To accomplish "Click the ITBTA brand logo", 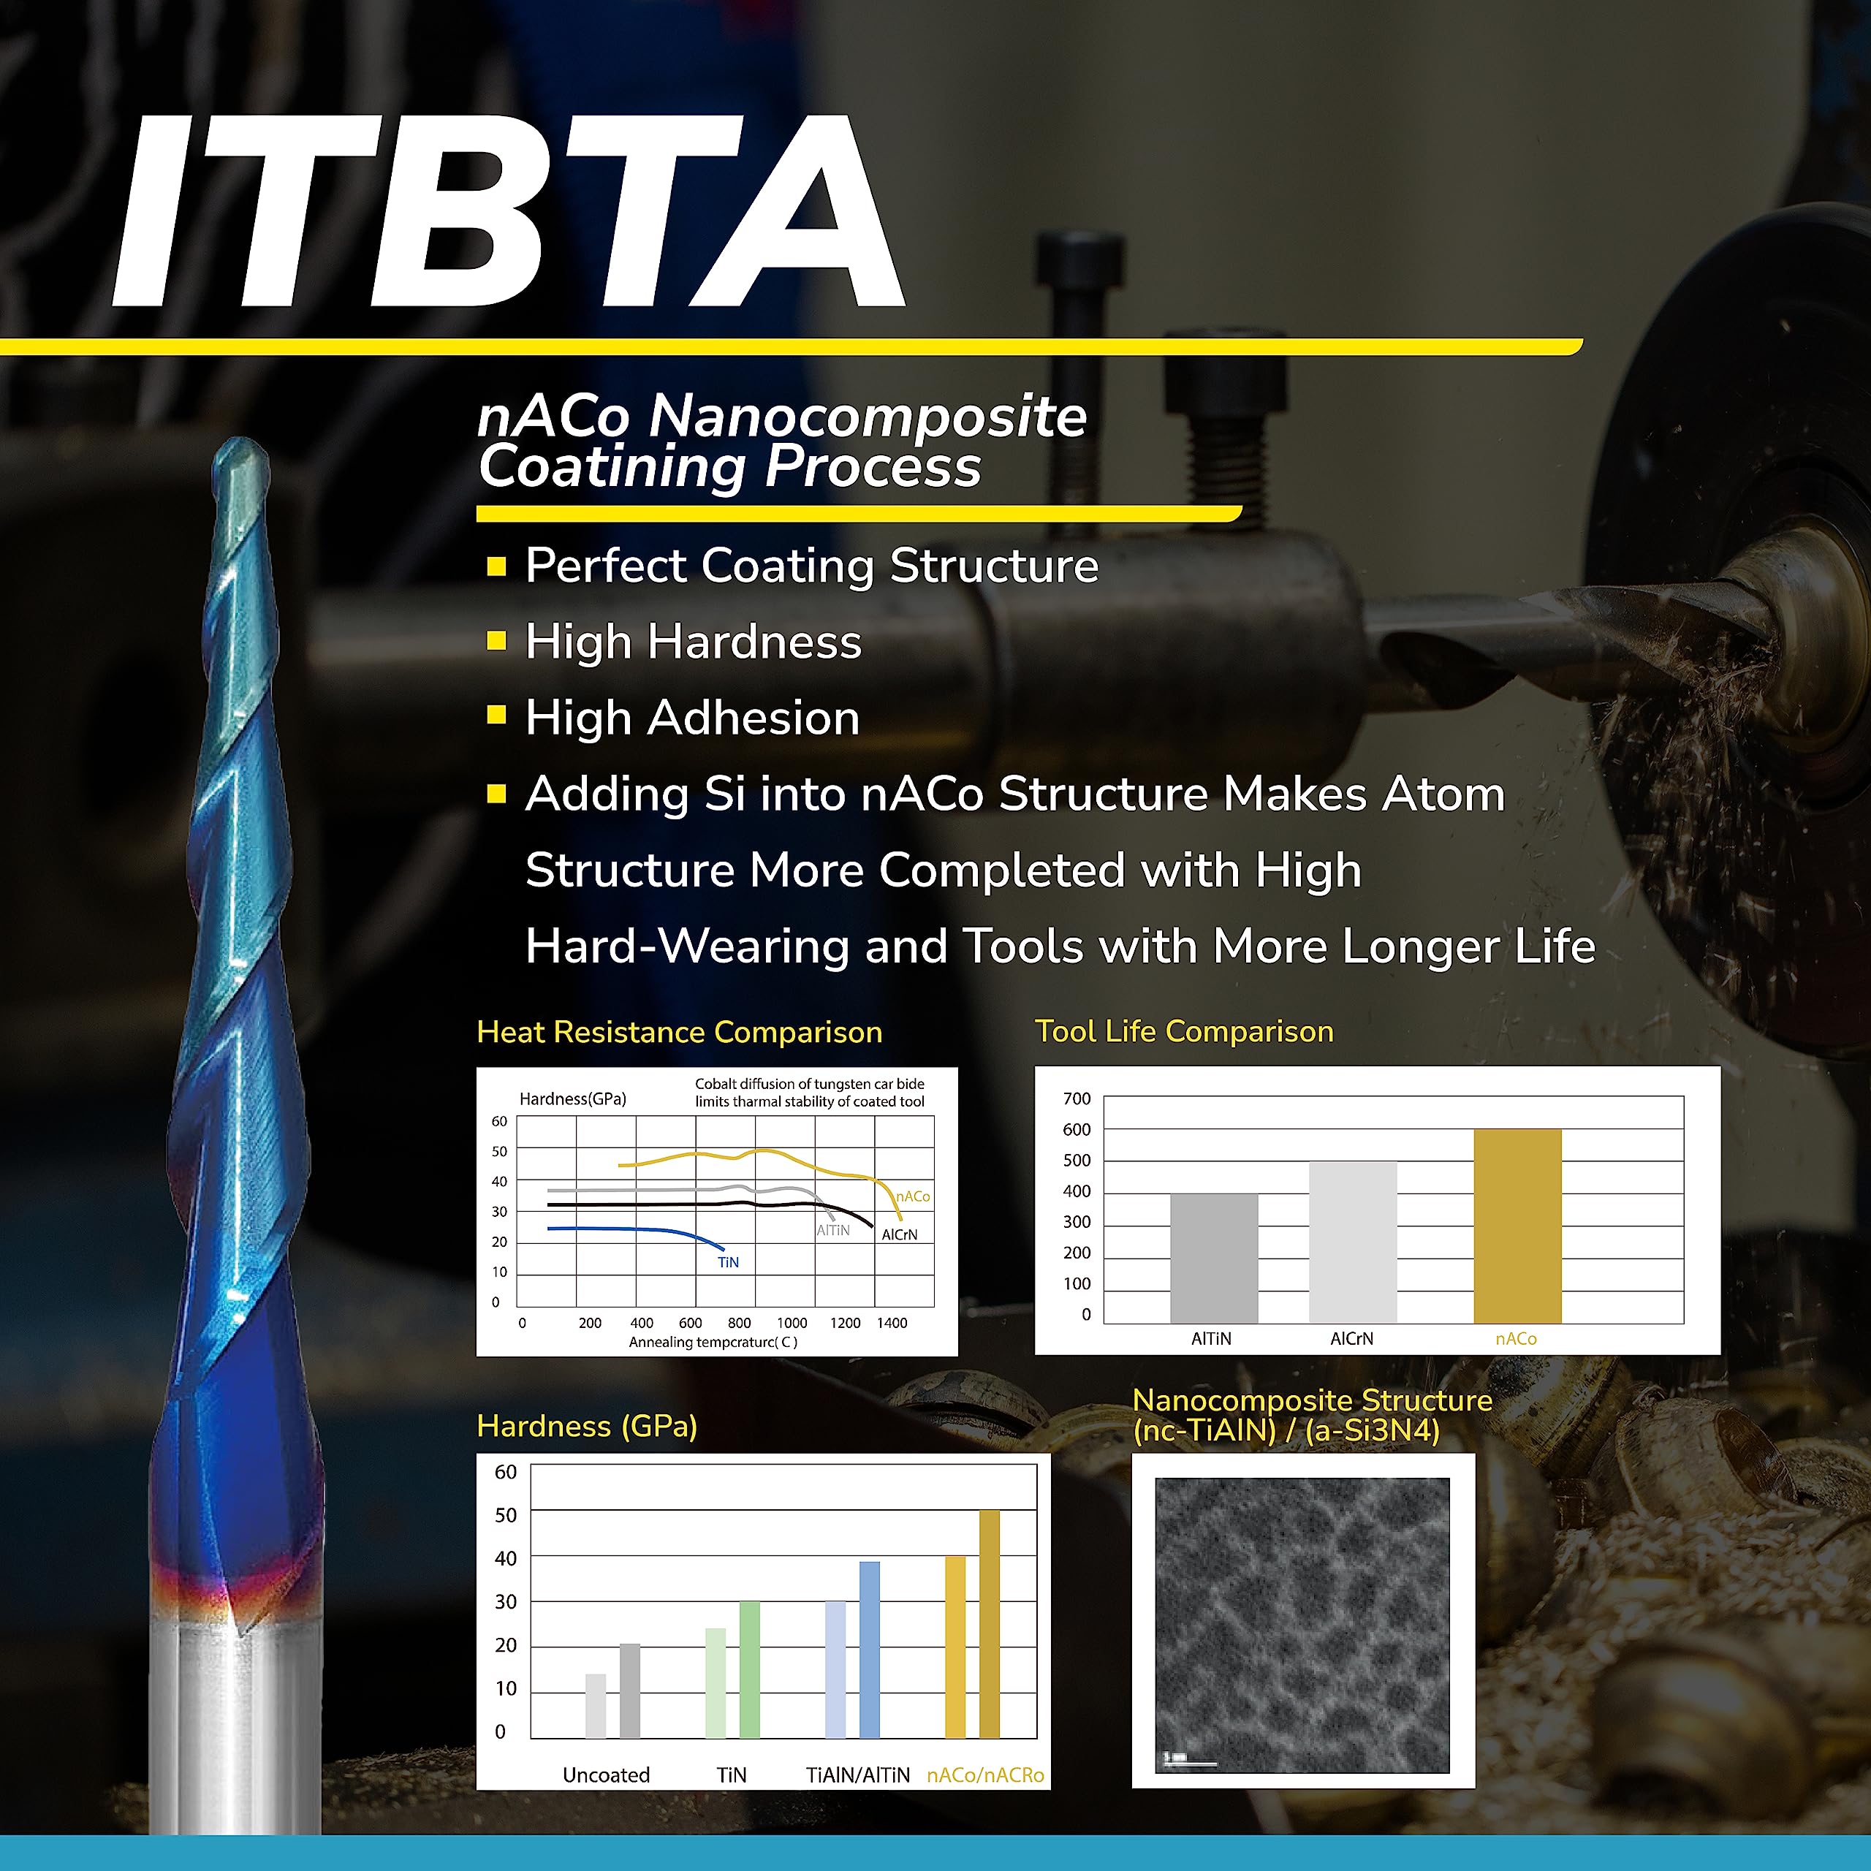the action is [509, 211].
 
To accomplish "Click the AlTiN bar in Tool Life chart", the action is [1213, 1258].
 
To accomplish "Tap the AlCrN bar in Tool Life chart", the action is [1352, 1242].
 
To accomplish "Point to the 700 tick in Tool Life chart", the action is [1076, 1098].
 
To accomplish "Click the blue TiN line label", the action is [728, 1262].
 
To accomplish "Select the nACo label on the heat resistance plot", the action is [912, 1196].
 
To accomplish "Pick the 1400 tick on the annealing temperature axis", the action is [892, 1322].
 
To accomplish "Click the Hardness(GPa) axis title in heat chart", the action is [572, 1098].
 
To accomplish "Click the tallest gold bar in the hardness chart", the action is [989, 1623].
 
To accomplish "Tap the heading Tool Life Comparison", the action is [1183, 1031].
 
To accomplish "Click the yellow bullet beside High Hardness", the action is [496, 640].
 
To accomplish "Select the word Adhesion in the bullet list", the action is [753, 718].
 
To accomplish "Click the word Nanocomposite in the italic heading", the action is [868, 417].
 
